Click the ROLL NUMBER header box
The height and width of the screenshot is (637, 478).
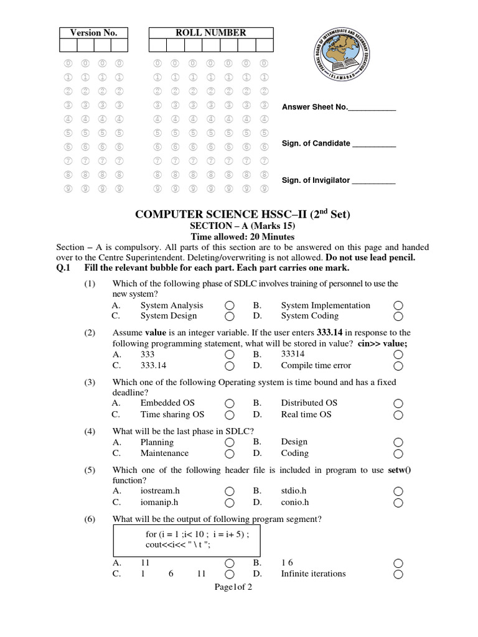[x=211, y=33]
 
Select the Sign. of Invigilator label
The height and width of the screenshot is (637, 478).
[x=316, y=180]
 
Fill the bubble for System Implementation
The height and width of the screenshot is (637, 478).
[x=398, y=305]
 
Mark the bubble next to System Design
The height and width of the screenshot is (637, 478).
[x=229, y=317]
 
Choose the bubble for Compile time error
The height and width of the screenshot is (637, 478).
[x=398, y=366]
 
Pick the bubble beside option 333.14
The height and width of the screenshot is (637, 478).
[x=229, y=366]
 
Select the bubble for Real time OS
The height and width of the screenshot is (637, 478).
[x=398, y=415]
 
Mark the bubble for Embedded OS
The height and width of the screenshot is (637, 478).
[x=229, y=403]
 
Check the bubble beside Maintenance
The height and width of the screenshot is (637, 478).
[x=229, y=454]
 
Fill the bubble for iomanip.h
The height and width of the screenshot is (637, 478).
[x=229, y=503]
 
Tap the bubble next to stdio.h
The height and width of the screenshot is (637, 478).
[x=398, y=491]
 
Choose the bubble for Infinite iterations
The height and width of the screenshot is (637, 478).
[x=398, y=574]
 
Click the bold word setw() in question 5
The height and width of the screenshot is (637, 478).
[x=400, y=470]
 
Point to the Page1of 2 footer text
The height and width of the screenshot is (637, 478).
[x=233, y=587]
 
